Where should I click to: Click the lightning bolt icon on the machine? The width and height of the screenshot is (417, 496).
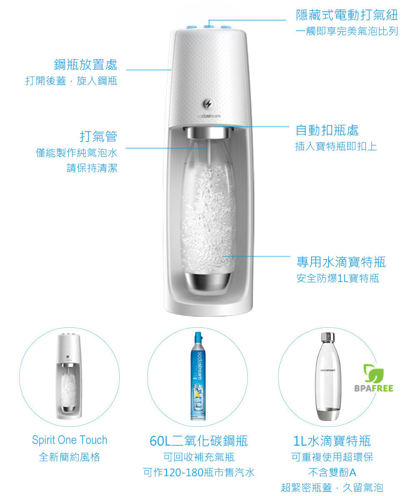(x=208, y=104)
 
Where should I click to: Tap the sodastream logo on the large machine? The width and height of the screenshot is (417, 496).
(x=209, y=116)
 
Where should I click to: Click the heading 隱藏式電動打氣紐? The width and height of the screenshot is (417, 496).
(x=347, y=15)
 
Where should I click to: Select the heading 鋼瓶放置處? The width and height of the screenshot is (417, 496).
(x=85, y=65)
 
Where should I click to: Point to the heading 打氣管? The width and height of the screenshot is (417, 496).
(x=98, y=136)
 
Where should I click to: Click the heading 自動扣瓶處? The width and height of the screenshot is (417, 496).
(x=327, y=130)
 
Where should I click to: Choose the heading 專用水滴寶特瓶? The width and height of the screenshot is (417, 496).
(x=341, y=262)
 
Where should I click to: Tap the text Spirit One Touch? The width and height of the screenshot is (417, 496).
(x=70, y=440)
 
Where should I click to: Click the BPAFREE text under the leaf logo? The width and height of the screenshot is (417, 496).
(x=374, y=388)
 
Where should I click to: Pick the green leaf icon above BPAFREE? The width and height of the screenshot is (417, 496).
(x=374, y=373)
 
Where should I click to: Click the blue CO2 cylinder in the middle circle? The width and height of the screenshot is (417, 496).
(x=198, y=376)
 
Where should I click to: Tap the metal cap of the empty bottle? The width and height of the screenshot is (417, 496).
(x=328, y=337)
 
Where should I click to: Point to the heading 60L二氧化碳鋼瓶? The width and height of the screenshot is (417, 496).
(x=198, y=441)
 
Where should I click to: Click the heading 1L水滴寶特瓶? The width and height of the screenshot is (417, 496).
(x=332, y=441)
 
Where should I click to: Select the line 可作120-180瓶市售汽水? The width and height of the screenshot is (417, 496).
(x=198, y=472)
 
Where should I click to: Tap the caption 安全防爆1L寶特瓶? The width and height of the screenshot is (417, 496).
(x=337, y=278)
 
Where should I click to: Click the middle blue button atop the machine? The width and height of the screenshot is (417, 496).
(x=208, y=27)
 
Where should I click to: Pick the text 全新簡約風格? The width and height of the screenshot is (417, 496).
(x=69, y=457)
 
